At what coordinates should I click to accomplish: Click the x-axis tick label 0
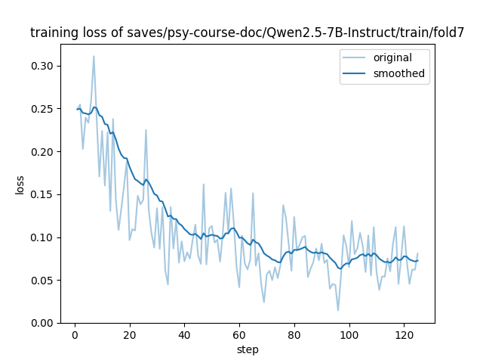[x=75, y=334]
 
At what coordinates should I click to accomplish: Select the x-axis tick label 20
[x=129, y=334]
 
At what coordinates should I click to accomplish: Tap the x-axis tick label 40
[x=184, y=334]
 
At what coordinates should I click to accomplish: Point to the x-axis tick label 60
[x=239, y=334]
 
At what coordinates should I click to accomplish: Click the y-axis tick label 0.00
[x=43, y=323]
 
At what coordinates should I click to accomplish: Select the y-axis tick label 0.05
[x=43, y=281]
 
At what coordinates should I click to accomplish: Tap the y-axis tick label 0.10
[x=43, y=237]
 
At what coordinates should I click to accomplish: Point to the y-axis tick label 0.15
[x=43, y=194]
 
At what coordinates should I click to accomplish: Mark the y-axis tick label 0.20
[x=43, y=152]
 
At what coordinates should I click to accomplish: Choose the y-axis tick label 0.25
[x=43, y=109]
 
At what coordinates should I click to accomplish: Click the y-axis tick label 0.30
[x=43, y=67]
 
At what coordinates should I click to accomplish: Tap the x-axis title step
[x=248, y=349]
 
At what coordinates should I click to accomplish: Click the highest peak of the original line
[x=94, y=56]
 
